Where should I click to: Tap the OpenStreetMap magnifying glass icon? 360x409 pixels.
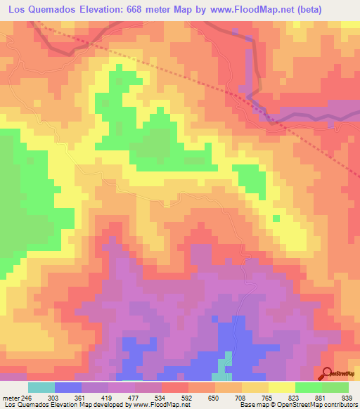pyautogui.click(x=327, y=375)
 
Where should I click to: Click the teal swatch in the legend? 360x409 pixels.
pyautogui.click(x=41, y=387)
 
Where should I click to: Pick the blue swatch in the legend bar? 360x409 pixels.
pyautogui.click(x=68, y=387)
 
